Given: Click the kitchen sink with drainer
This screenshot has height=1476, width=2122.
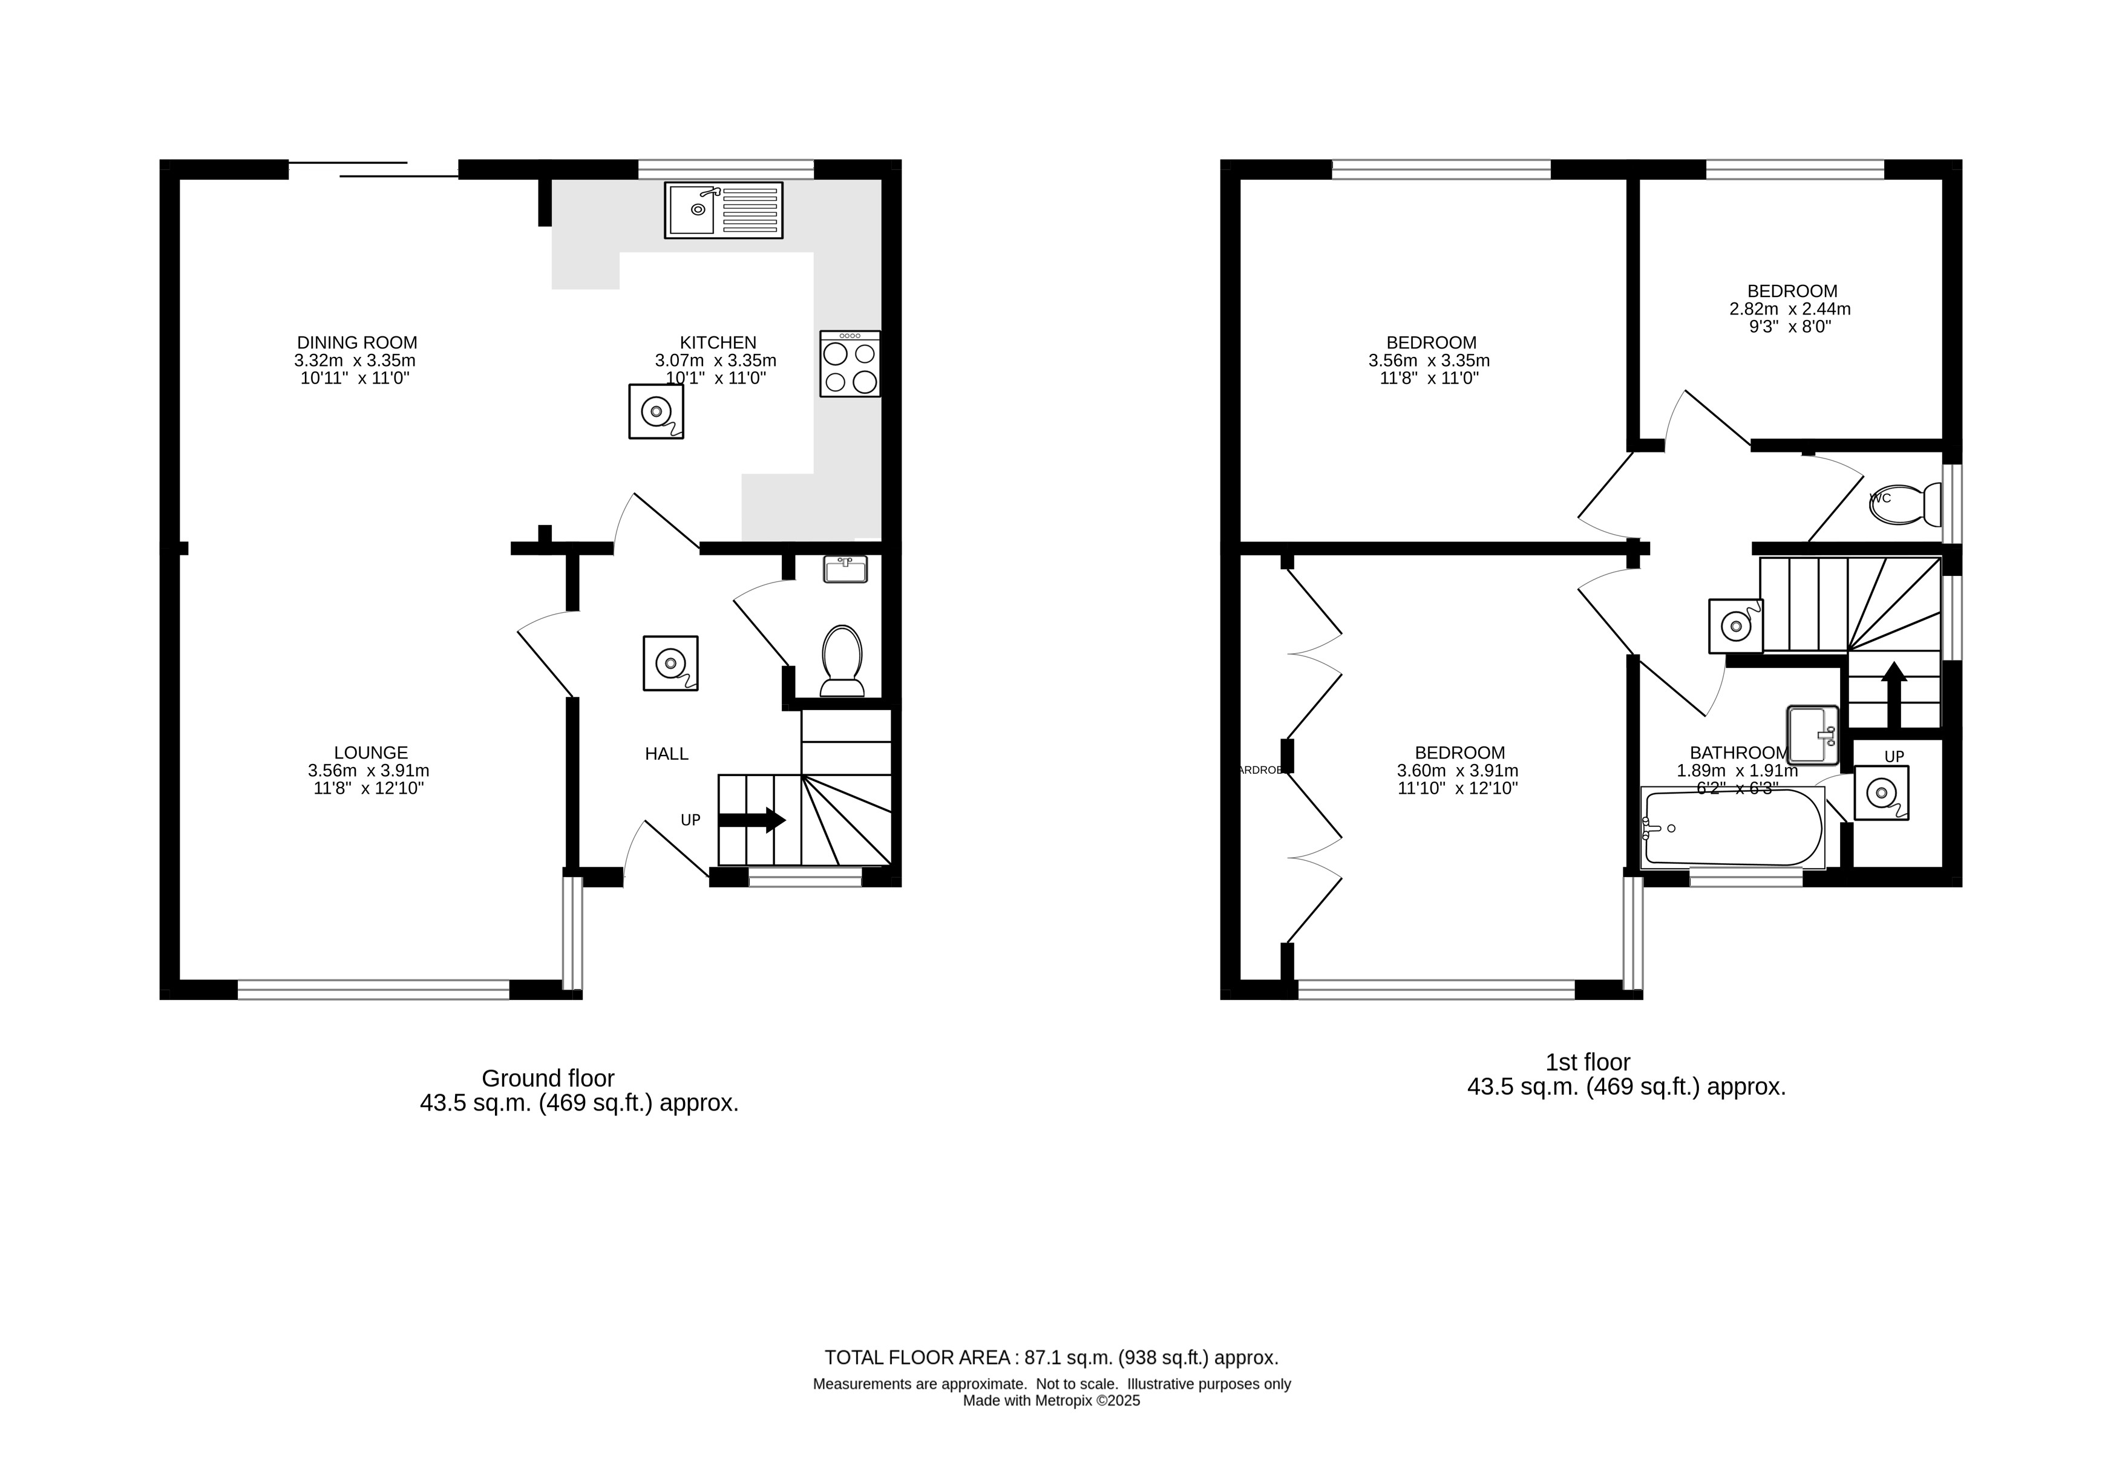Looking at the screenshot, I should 722,210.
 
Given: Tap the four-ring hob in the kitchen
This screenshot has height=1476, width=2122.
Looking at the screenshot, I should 850,364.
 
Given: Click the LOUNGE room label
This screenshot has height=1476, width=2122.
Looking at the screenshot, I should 371,753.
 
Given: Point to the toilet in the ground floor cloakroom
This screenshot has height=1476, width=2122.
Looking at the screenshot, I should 841,659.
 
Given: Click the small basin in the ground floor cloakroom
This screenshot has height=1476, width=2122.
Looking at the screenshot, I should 845,569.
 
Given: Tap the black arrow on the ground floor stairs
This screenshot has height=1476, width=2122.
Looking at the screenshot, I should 750,820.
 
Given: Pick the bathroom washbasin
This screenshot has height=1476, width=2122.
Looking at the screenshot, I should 1812,735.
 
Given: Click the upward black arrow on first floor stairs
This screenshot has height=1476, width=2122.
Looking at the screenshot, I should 1894,693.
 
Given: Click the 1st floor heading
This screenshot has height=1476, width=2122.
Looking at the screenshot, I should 1588,1062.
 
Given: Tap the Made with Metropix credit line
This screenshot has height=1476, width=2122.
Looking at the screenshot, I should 1051,1401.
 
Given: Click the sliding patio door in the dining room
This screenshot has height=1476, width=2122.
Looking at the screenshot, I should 373,169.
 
